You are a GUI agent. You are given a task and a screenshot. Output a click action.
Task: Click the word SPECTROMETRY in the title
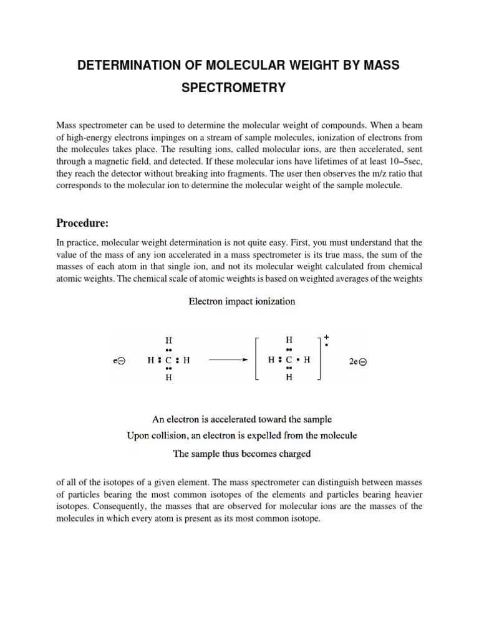(x=233, y=88)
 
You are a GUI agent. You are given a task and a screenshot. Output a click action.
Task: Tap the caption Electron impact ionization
(x=242, y=302)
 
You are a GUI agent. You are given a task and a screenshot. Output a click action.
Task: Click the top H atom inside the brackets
(x=289, y=341)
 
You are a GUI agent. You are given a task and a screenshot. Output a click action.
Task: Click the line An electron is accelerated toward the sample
(x=241, y=419)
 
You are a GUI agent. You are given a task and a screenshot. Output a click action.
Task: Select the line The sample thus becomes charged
(x=241, y=454)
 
